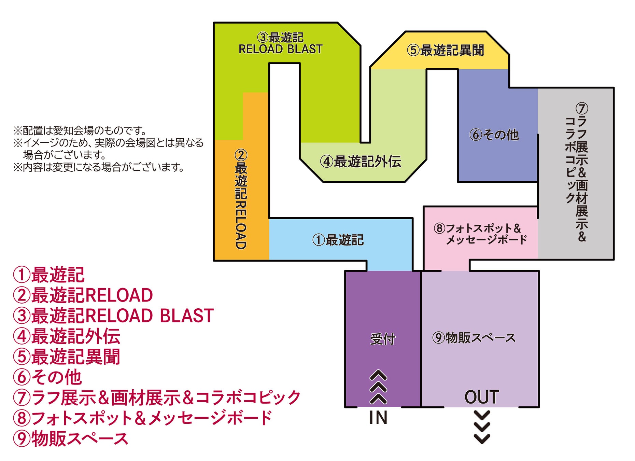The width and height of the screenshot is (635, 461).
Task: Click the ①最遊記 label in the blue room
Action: tap(338, 240)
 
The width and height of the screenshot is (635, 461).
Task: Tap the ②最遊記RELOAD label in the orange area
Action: tap(241, 199)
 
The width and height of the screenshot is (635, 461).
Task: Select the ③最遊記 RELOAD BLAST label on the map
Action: tap(280, 43)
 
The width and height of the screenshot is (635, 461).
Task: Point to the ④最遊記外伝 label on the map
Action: tap(361, 162)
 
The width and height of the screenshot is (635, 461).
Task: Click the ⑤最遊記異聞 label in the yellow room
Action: tap(445, 50)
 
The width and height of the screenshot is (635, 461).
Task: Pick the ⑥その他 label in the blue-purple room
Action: tap(494, 135)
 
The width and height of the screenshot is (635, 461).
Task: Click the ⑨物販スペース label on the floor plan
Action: tap(474, 338)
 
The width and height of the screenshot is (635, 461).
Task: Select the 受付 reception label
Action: tap(383, 339)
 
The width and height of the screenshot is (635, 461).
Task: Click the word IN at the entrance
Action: tap(378, 418)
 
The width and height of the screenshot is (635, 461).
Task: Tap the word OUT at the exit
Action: tap(482, 397)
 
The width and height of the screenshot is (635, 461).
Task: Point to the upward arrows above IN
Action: tap(378, 387)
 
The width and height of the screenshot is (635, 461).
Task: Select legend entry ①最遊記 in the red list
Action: tap(49, 275)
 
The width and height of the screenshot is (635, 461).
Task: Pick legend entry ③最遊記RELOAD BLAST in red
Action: tap(113, 316)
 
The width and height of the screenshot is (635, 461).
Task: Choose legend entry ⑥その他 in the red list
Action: tap(47, 377)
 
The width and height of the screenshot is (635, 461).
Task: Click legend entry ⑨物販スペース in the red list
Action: tap(71, 438)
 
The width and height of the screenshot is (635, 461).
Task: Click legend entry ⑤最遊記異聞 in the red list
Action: tap(67, 357)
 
